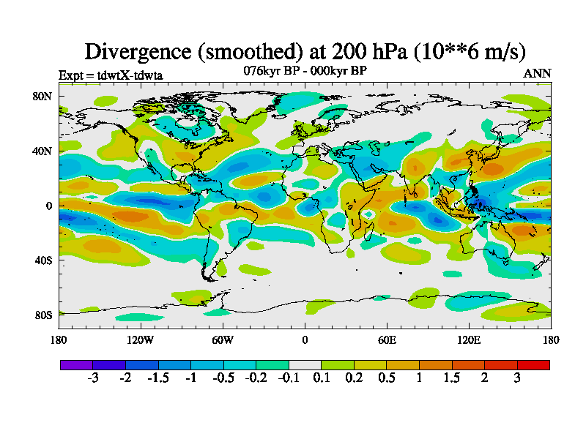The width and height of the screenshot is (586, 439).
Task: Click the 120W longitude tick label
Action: (x=140, y=339)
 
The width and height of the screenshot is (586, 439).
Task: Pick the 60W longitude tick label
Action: (x=223, y=339)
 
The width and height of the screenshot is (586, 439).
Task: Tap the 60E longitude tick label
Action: (x=387, y=339)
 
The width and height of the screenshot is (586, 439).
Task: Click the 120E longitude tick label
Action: (x=469, y=339)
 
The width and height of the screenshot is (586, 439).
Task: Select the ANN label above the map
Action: (x=538, y=73)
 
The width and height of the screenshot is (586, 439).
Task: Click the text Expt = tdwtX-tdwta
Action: (x=111, y=75)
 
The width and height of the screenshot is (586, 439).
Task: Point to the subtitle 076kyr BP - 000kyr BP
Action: (x=305, y=70)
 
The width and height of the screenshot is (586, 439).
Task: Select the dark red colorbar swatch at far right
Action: (x=533, y=364)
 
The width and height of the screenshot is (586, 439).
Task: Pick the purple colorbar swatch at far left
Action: (x=76, y=364)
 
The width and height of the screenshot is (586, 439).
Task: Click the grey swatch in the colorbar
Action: (x=305, y=364)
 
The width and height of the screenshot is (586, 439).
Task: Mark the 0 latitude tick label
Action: (x=49, y=206)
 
